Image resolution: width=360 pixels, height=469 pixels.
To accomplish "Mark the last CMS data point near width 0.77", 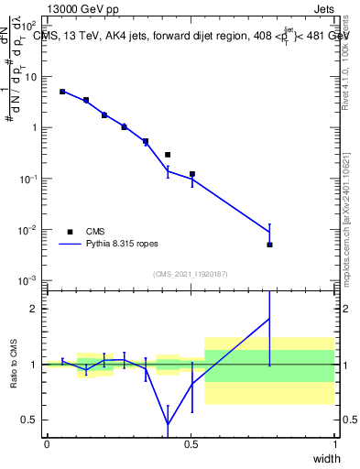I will (269, 245).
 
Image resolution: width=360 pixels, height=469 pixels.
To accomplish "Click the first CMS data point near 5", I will (62, 92).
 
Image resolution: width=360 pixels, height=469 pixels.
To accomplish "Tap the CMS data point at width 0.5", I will (191, 174).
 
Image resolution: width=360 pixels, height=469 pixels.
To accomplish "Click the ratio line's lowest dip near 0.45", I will (168, 424).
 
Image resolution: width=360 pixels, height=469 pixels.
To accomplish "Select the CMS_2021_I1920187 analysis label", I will (190, 273).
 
